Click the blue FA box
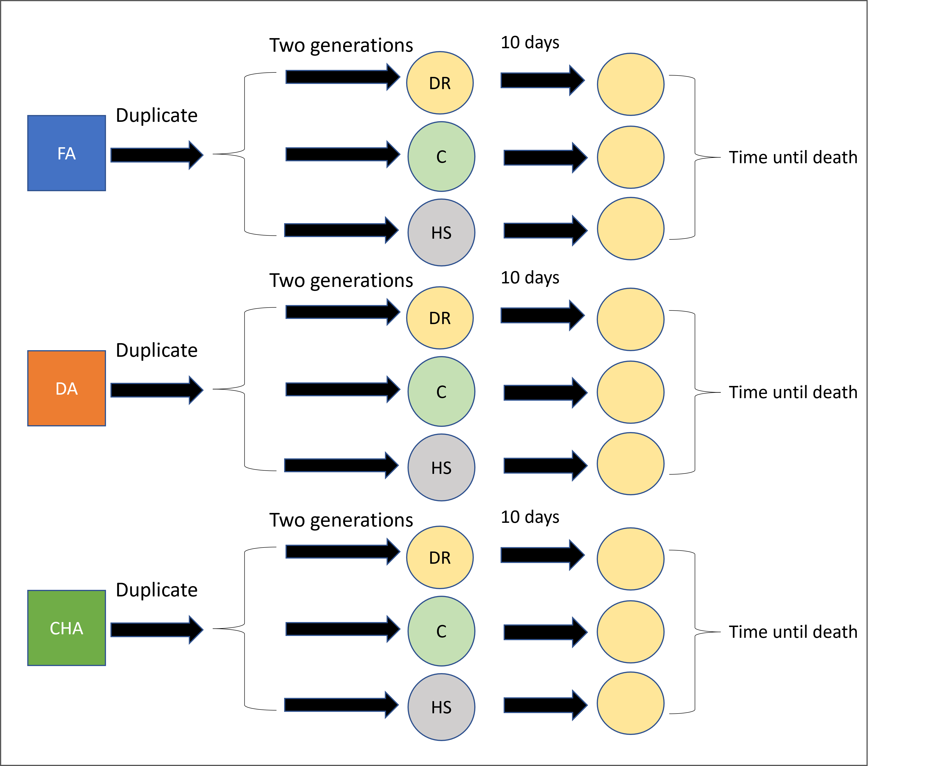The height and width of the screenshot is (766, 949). pyautogui.click(x=67, y=153)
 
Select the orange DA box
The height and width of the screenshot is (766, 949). pyautogui.click(x=67, y=388)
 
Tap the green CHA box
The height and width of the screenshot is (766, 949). pyautogui.click(x=67, y=628)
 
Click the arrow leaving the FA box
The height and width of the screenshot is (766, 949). pyautogui.click(x=157, y=155)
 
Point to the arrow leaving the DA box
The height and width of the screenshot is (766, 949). pyautogui.click(x=157, y=390)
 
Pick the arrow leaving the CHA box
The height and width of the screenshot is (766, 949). pyautogui.click(x=157, y=630)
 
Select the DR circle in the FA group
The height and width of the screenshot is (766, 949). pyautogui.click(x=440, y=83)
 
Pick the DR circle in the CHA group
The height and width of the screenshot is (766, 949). pyautogui.click(x=440, y=558)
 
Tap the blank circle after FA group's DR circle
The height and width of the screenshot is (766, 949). pyautogui.click(x=631, y=84)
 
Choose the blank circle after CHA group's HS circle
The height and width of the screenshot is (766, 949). pyautogui.click(x=631, y=703)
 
